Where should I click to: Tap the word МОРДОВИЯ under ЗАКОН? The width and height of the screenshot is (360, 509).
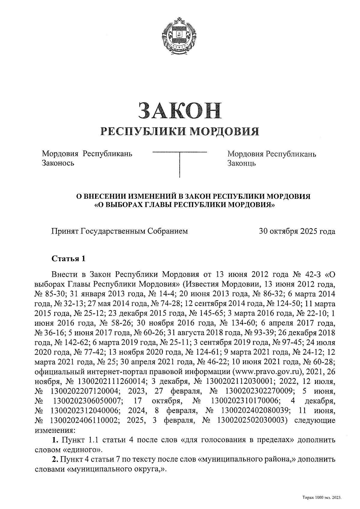point(225,131)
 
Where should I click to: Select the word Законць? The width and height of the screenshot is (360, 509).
point(241,163)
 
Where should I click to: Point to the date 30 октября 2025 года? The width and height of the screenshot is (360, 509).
point(297,231)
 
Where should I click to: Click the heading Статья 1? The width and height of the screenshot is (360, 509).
point(69,259)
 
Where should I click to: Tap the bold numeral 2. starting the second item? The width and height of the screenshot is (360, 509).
point(55,459)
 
